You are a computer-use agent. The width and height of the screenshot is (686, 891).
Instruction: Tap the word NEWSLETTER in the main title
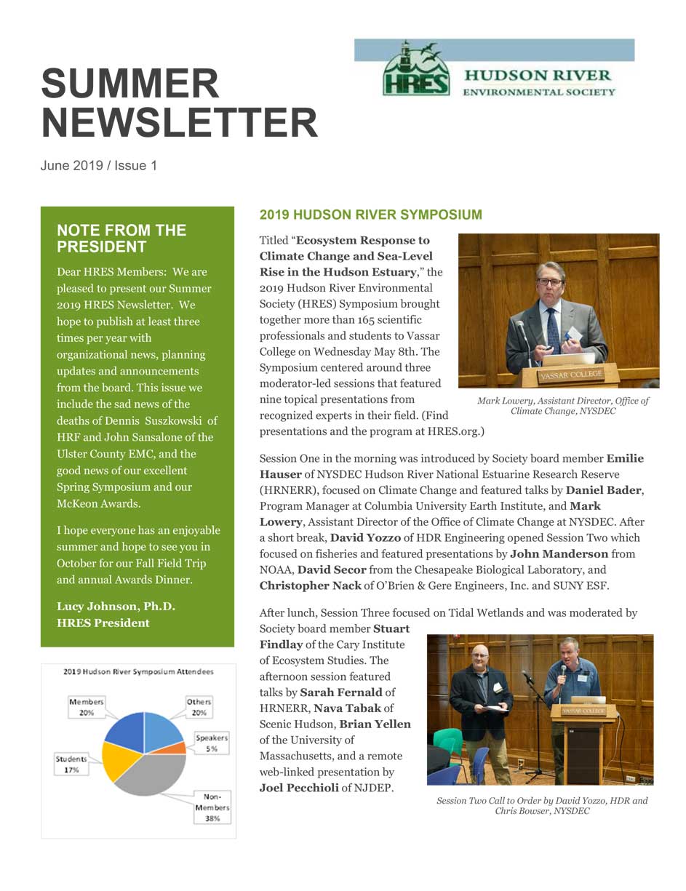tap(179, 122)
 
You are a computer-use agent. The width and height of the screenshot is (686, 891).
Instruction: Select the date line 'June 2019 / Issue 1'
tap(98, 166)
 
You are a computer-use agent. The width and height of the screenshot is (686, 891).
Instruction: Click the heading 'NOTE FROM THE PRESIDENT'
tap(121, 239)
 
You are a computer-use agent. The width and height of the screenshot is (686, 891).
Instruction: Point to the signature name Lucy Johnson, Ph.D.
tap(116, 607)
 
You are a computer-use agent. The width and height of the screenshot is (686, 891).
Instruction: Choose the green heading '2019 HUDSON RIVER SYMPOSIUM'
tap(370, 215)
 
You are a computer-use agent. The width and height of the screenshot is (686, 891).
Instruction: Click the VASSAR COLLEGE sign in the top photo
tap(570, 374)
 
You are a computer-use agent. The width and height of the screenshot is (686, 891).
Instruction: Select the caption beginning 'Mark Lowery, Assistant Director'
tap(562, 406)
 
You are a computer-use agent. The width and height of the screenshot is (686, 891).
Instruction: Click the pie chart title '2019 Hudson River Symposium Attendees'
tap(138, 671)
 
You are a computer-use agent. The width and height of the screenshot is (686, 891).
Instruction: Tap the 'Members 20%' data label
tap(87, 707)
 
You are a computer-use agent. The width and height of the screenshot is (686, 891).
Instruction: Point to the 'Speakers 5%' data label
tap(211, 743)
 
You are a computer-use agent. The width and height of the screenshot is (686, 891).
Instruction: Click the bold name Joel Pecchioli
tap(298, 788)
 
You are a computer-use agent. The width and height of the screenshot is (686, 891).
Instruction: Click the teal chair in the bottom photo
tap(447, 744)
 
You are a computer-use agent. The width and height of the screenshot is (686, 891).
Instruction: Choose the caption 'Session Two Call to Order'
tap(541, 805)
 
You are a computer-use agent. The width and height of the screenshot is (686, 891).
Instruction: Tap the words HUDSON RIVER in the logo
tap(538, 76)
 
